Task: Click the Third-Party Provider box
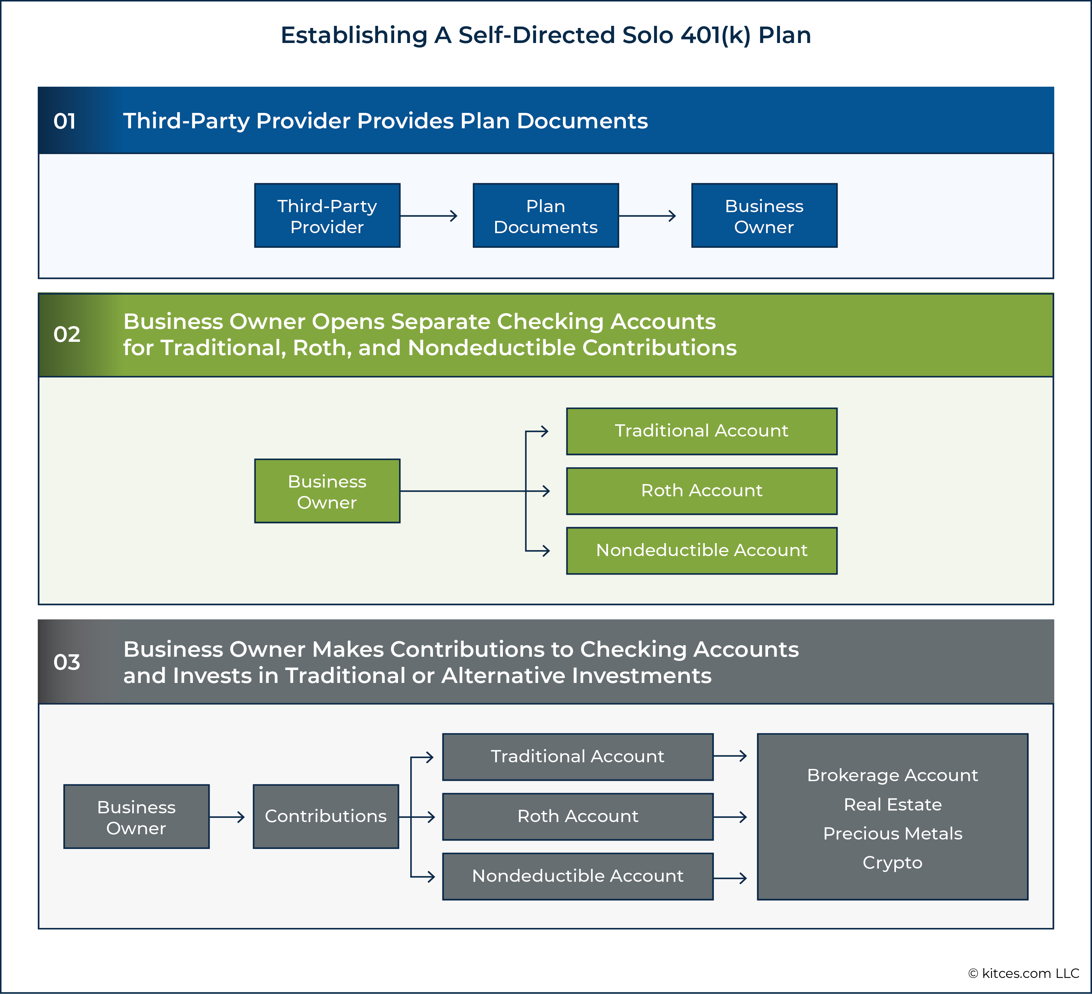pyautogui.click(x=327, y=216)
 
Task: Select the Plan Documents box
pyautogui.click(x=545, y=216)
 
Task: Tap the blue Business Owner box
pyautogui.click(x=764, y=216)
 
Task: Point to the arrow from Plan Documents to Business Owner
pyautogui.click(x=647, y=216)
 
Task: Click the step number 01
pyautogui.click(x=64, y=121)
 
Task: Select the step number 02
pyautogui.click(x=67, y=334)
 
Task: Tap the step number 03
pyautogui.click(x=67, y=662)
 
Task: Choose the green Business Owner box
pyautogui.click(x=327, y=491)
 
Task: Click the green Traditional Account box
pyautogui.click(x=701, y=431)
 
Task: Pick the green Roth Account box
pyautogui.click(x=701, y=491)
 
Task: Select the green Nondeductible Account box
pyautogui.click(x=701, y=550)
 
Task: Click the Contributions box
pyautogui.click(x=326, y=816)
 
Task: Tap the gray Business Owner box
pyautogui.click(x=137, y=816)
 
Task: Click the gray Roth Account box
pyautogui.click(x=578, y=816)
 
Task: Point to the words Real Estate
pyautogui.click(x=893, y=805)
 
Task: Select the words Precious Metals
pyautogui.click(x=893, y=834)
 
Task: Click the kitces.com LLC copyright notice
pyautogui.click(x=1024, y=973)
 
